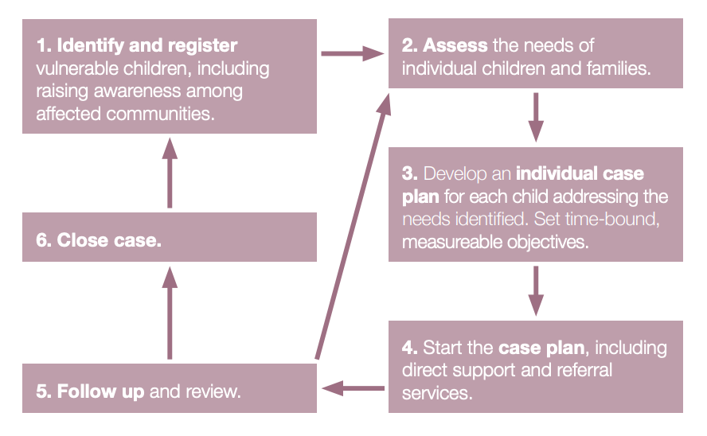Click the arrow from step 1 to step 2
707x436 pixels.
coord(353,53)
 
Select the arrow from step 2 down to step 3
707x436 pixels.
coord(536,117)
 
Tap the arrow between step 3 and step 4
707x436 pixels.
coord(536,291)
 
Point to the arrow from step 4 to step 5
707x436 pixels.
coord(353,388)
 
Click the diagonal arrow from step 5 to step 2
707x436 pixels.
coord(353,227)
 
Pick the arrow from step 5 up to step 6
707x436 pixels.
coord(170,313)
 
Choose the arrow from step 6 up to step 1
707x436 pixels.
coord(170,173)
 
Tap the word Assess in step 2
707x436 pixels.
coord(455,45)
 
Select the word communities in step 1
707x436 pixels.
coord(160,114)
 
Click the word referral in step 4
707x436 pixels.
coord(584,370)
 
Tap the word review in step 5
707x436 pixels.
coord(213,391)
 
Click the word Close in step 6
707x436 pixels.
coord(83,240)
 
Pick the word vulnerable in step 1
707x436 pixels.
coord(76,68)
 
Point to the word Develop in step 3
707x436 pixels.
coord(455,175)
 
